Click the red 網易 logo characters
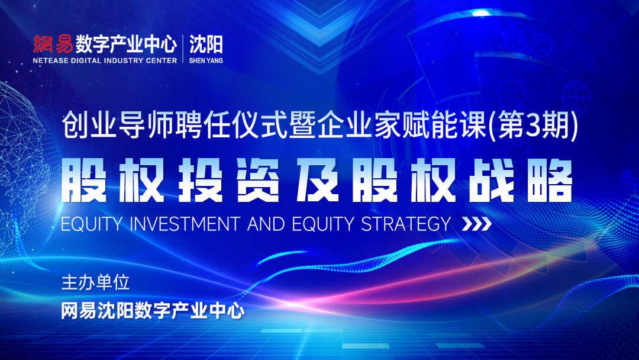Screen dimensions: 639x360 click(x=53, y=44)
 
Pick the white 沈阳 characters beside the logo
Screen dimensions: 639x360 click(x=206, y=44)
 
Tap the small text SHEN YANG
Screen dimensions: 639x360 click(x=206, y=60)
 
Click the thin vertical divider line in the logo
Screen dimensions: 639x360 click(x=183, y=49)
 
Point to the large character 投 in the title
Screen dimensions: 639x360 click(x=201, y=181)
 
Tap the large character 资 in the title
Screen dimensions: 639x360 click(x=259, y=181)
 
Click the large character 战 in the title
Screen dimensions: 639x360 click(x=492, y=181)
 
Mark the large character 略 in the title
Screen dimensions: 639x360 click(x=550, y=181)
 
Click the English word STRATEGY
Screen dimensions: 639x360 click(x=406, y=224)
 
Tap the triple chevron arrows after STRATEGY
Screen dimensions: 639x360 click(x=476, y=224)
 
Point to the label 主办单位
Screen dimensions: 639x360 click(x=95, y=282)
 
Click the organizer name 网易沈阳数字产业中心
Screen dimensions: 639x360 click(x=153, y=311)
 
